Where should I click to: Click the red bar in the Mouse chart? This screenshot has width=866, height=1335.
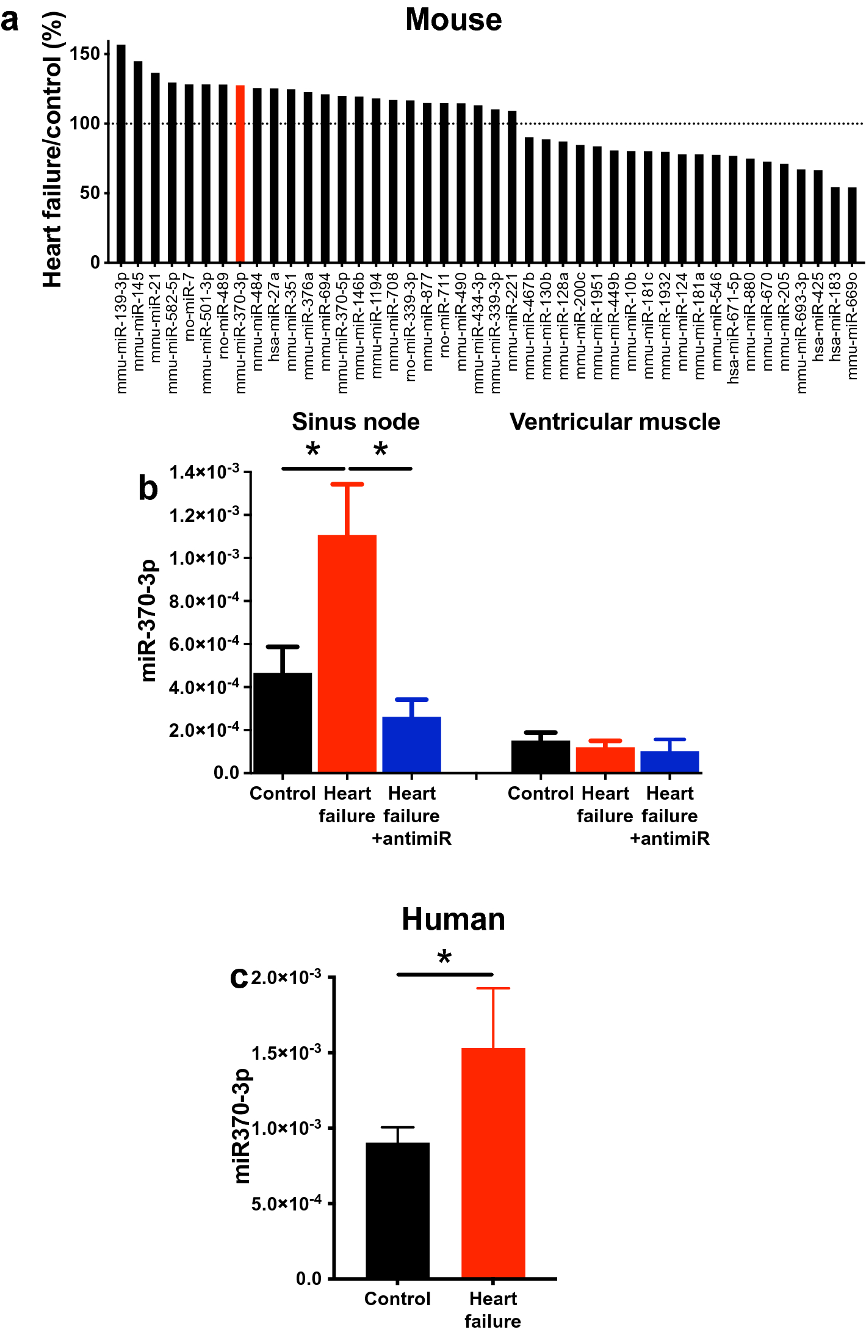click(240, 174)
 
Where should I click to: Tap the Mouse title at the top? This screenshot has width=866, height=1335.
click(453, 20)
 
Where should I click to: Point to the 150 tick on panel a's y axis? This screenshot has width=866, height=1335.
click(85, 54)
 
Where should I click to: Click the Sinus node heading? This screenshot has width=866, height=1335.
click(356, 422)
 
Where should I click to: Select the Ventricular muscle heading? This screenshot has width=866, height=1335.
click(615, 422)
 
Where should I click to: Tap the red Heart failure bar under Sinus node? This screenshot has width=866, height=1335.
click(347, 653)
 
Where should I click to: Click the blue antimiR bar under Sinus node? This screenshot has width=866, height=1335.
click(411, 745)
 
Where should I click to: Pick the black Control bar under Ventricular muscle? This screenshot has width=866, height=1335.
click(541, 757)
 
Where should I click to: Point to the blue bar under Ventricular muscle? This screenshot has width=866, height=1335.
click(669, 762)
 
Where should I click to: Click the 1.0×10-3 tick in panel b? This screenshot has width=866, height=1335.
click(204, 558)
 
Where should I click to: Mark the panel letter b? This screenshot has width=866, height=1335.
click(148, 488)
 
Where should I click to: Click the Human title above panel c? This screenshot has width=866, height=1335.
click(453, 919)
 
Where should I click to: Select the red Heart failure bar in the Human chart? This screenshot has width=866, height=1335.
click(493, 1163)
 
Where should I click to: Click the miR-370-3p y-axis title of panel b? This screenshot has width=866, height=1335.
click(148, 620)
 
